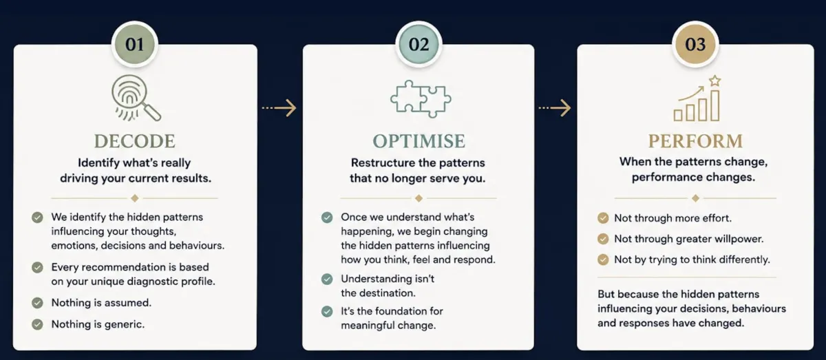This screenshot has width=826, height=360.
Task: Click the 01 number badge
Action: tap(135, 44)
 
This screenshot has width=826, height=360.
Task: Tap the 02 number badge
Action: tap(419, 44)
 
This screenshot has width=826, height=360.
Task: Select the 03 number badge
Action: tap(695, 44)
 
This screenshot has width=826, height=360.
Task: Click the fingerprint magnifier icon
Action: tap(136, 98)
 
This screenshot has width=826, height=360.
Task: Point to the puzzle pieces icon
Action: tap(421, 99)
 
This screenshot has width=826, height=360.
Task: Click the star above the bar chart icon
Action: tap(715, 81)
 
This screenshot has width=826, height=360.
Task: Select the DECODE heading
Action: tap(135, 141)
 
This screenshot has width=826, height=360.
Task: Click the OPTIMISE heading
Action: tap(419, 141)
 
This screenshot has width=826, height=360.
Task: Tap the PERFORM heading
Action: tap(695, 141)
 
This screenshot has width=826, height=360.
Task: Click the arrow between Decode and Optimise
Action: tap(279, 108)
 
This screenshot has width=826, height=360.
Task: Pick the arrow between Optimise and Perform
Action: tap(555, 108)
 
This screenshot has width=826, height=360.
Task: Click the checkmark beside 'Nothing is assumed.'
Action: tap(37, 303)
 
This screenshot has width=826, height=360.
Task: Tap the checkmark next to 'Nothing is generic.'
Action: tap(37, 324)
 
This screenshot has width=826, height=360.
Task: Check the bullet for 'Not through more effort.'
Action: tap(603, 218)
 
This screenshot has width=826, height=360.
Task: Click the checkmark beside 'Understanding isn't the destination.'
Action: tap(327, 279)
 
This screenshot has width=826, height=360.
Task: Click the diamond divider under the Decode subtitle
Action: tap(135, 198)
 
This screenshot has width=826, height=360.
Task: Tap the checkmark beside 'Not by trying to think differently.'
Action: tap(603, 260)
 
